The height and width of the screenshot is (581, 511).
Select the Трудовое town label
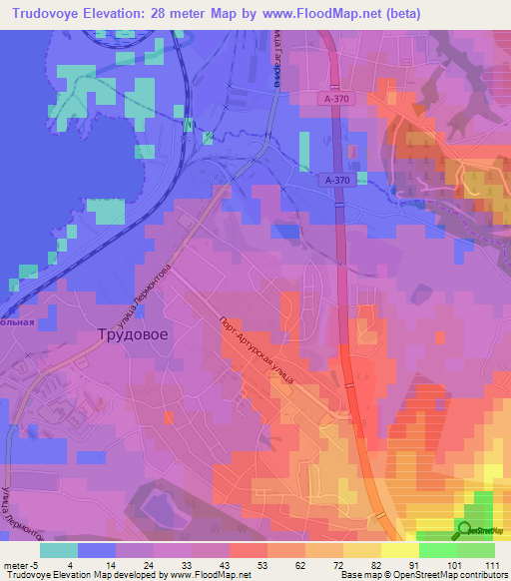point(132,336)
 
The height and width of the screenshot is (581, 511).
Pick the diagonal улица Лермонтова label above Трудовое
point(146,297)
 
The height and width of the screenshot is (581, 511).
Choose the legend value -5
point(36,565)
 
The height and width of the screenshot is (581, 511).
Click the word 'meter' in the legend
point(15,565)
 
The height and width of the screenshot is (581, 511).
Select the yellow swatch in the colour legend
point(400,550)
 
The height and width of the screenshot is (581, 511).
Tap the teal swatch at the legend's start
point(59,550)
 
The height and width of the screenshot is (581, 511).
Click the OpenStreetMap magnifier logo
point(464,529)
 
